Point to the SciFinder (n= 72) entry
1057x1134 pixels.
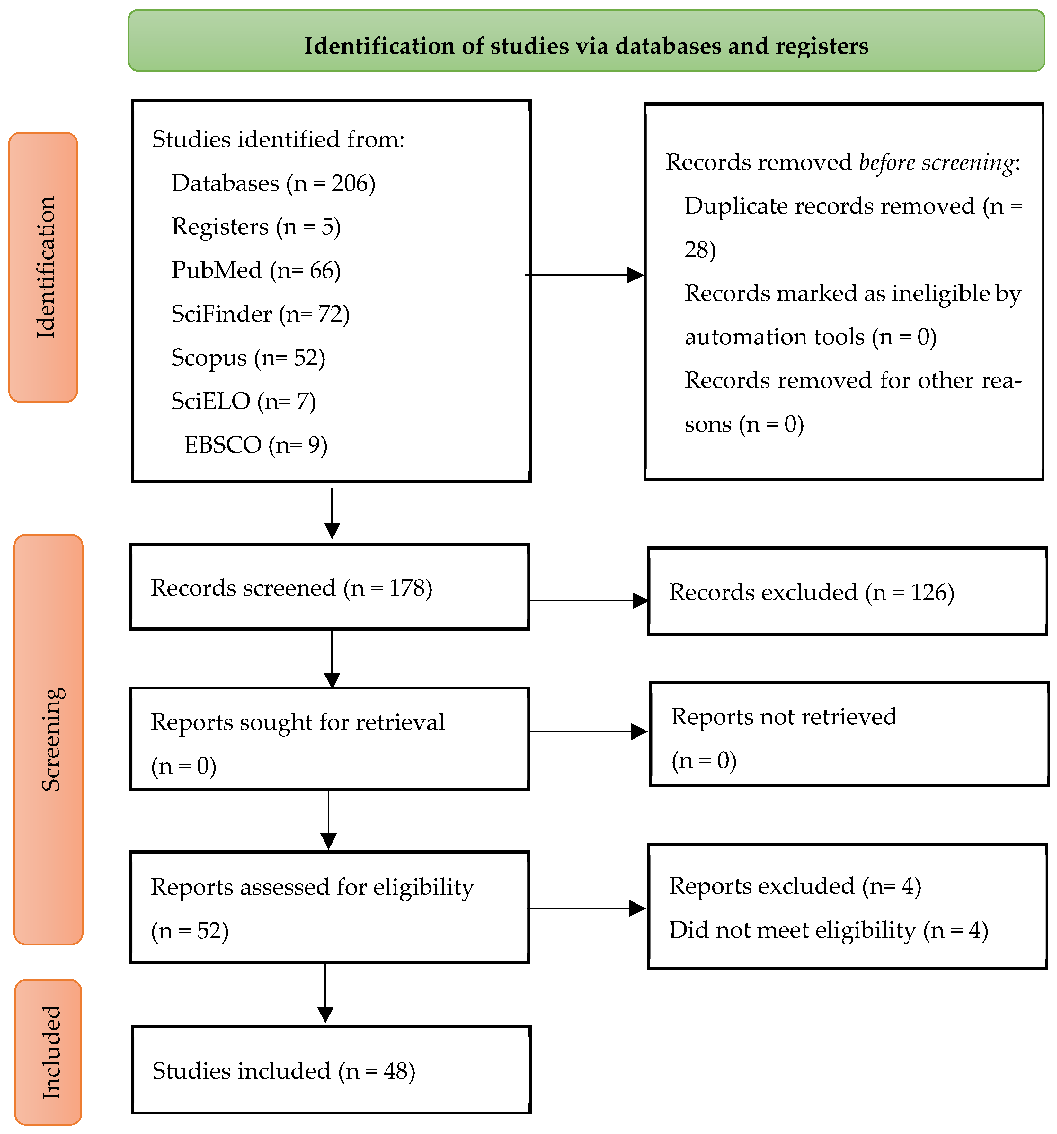pos(260,314)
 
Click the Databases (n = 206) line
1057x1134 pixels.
pos(273,183)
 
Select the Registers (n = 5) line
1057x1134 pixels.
pos(256,226)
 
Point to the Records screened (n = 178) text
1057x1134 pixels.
pos(291,588)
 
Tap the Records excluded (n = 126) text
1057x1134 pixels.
pos(811,592)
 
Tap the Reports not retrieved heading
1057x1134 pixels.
pos(784,716)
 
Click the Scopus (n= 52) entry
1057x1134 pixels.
pos(248,358)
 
